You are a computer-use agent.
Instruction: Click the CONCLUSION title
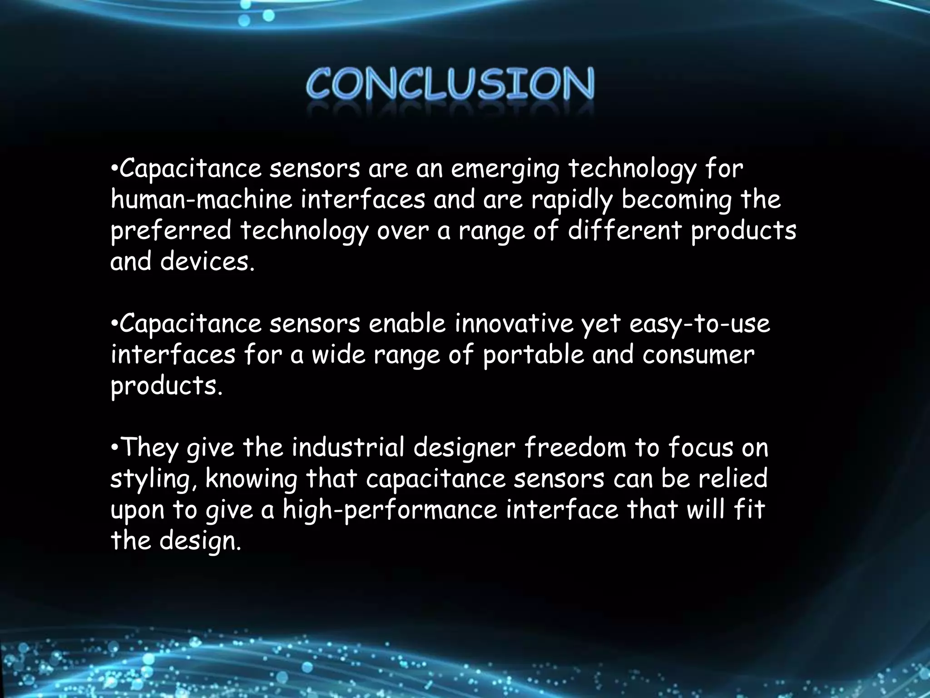[x=450, y=84]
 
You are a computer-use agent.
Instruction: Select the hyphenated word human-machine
[x=202, y=200]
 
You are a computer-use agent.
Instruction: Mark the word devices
[x=207, y=262]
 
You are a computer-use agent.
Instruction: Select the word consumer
[x=698, y=355]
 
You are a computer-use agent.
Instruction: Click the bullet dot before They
[x=114, y=448]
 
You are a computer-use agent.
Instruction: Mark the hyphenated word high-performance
[x=391, y=510]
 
